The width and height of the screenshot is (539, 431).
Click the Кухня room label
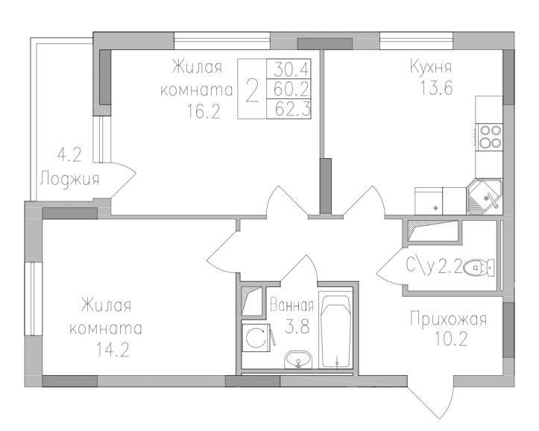pyautogui.click(x=431, y=67)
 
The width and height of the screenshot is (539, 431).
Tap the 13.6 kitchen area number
pyautogui.click(x=432, y=87)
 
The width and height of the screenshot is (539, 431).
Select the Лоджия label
pyautogui.click(x=69, y=178)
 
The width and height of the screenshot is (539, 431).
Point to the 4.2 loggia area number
pyautogui.click(x=69, y=156)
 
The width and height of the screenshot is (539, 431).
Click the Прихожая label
pyautogui.click(x=448, y=321)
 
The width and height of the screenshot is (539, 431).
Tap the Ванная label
pyautogui.click(x=292, y=305)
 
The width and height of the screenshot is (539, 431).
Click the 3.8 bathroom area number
pyautogui.click(x=292, y=325)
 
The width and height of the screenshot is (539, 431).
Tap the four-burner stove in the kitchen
pyautogui.click(x=490, y=137)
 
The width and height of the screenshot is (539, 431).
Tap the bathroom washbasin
pyautogui.click(x=300, y=361)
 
